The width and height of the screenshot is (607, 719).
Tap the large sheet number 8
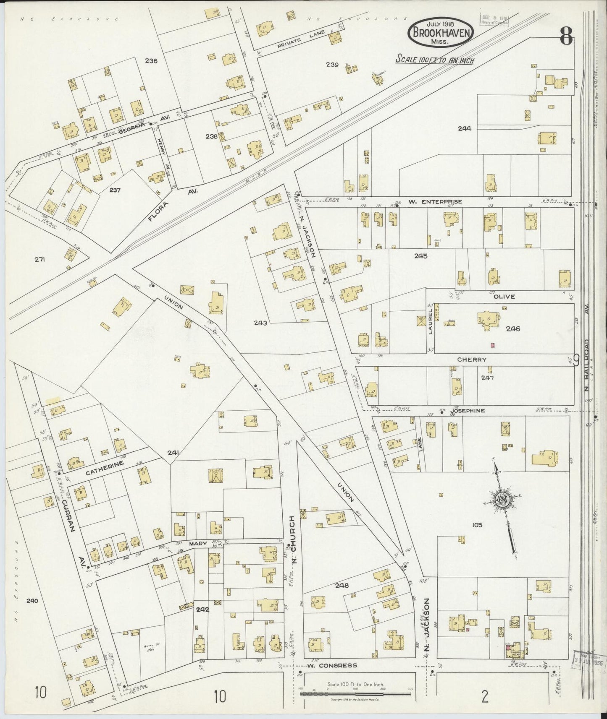click(x=565, y=38)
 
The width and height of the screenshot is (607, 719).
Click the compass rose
click(x=502, y=500)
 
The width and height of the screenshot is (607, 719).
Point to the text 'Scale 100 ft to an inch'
click(x=435, y=60)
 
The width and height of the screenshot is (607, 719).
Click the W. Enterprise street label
click(x=435, y=202)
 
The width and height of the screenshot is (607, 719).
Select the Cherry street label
click(x=472, y=359)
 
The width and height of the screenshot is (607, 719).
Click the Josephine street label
click(x=468, y=411)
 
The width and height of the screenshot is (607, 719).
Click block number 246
click(x=512, y=328)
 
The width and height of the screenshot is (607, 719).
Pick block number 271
click(x=39, y=259)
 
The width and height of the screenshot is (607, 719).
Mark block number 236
click(x=151, y=61)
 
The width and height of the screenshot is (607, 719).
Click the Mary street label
click(x=198, y=543)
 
